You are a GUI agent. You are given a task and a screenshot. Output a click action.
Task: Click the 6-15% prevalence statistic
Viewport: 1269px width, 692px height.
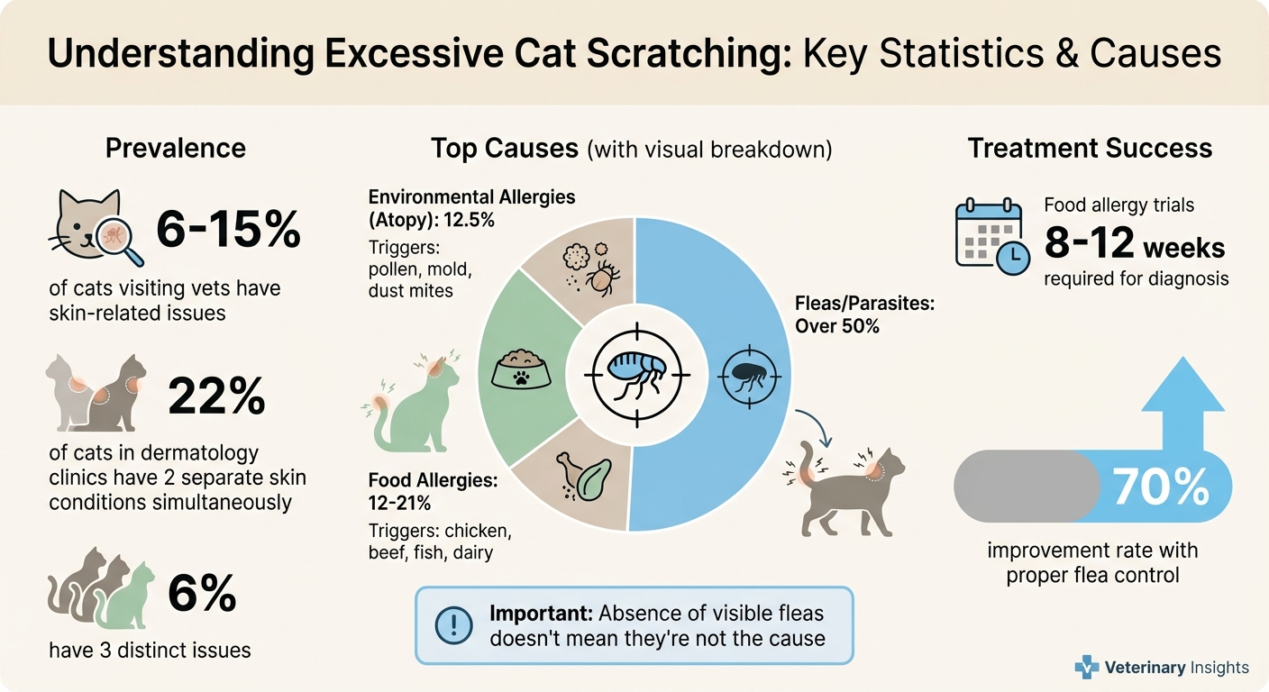click(x=228, y=231)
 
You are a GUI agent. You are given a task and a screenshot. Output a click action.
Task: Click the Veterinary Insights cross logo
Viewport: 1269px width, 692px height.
click(x=1087, y=668)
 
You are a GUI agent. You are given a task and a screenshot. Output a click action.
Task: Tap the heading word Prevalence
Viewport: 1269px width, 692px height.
click(x=176, y=149)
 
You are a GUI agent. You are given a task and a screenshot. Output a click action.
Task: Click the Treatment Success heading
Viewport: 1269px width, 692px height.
click(x=1090, y=149)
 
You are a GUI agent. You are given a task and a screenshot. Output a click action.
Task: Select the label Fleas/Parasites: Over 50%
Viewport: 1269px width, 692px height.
click(x=864, y=314)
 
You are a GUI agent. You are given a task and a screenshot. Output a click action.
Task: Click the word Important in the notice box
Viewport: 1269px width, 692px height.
click(x=539, y=614)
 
